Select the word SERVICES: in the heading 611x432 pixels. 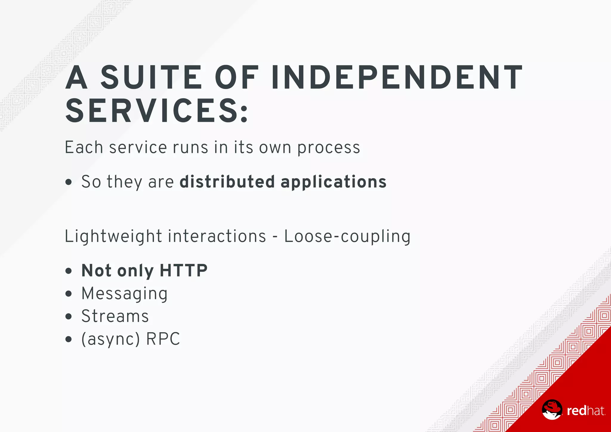[x=157, y=111]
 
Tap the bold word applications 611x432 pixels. [x=334, y=182]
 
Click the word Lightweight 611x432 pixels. [x=113, y=236]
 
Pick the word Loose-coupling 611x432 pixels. [x=347, y=236]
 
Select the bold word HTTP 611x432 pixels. [x=183, y=270]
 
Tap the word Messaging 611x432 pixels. [x=124, y=294]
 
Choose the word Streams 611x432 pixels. [x=115, y=316]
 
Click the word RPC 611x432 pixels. [x=163, y=339]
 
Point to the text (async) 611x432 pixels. [x=110, y=339]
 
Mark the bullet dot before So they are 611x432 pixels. [x=69, y=182]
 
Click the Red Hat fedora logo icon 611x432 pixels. [x=552, y=409]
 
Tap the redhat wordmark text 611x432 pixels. [x=586, y=411]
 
